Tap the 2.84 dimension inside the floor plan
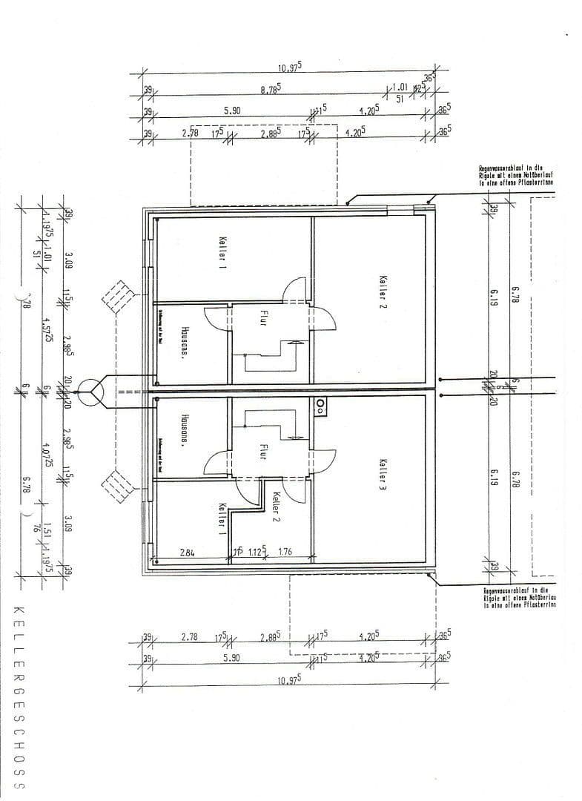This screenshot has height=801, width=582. click(188, 551)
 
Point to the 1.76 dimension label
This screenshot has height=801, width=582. click(285, 551)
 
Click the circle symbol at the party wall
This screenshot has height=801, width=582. click(94, 390)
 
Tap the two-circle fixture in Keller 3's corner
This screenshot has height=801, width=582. click(320, 404)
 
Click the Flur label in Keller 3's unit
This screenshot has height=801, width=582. click(262, 452)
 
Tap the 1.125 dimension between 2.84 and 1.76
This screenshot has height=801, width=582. click(255, 551)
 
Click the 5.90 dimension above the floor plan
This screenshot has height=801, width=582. click(232, 111)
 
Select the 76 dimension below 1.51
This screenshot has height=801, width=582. click(36, 529)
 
